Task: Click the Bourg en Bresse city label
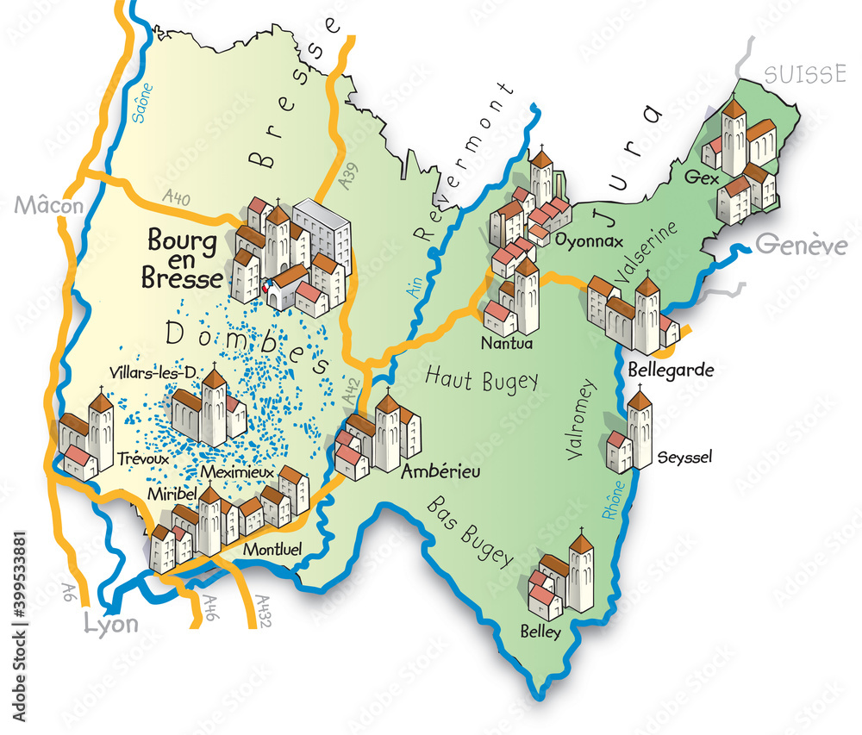(x=182, y=257)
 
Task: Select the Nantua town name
(x=509, y=343)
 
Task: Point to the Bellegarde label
(x=671, y=370)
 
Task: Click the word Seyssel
(x=684, y=458)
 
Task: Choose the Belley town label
(x=540, y=632)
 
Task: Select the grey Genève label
(x=802, y=246)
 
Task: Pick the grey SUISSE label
(x=804, y=74)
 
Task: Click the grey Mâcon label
(x=50, y=206)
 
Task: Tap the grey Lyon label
(x=110, y=624)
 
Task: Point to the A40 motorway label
(x=176, y=199)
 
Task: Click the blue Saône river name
(x=144, y=103)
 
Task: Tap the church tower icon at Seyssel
(x=640, y=427)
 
